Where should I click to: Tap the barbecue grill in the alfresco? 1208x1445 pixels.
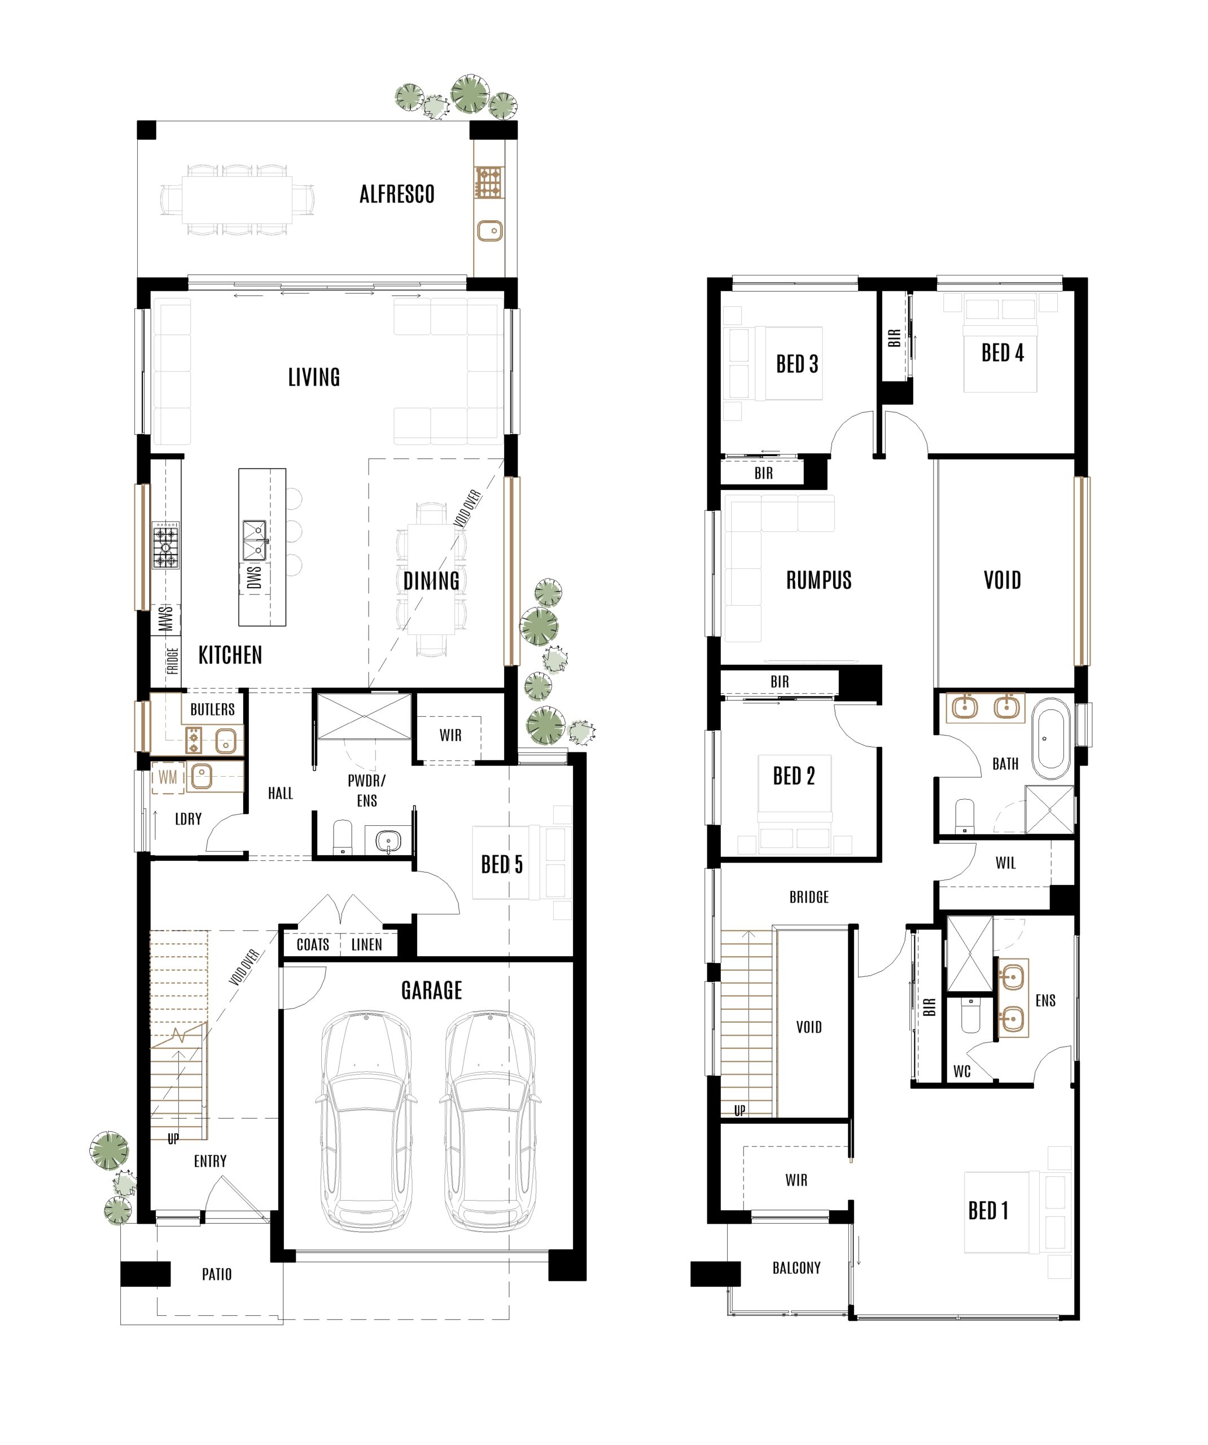click(489, 183)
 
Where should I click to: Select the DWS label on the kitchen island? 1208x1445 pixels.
click(254, 578)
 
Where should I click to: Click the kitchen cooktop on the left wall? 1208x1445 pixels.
click(166, 545)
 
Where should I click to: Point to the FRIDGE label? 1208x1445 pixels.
click(172, 660)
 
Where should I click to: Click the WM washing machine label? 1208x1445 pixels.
click(168, 778)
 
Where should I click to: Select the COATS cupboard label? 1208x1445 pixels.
click(313, 945)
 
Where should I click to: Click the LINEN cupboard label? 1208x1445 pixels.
click(366, 945)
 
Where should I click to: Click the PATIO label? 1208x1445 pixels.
click(216, 1275)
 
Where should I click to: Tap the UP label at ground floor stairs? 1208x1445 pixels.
click(173, 1140)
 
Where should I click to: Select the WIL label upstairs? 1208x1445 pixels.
click(1005, 863)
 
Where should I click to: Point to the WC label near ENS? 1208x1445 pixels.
click(961, 1071)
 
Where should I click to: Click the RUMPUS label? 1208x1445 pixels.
click(819, 581)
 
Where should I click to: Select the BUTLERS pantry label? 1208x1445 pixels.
click(212, 710)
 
